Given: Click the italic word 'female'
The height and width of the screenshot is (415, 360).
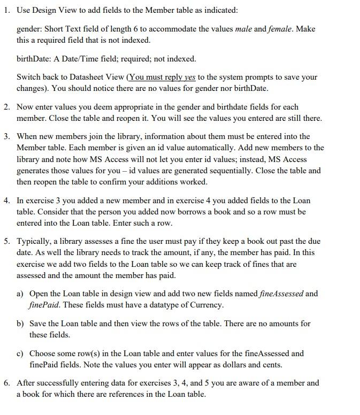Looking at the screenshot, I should click(x=282, y=29).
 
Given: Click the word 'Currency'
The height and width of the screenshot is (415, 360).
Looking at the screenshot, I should click(x=205, y=305).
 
